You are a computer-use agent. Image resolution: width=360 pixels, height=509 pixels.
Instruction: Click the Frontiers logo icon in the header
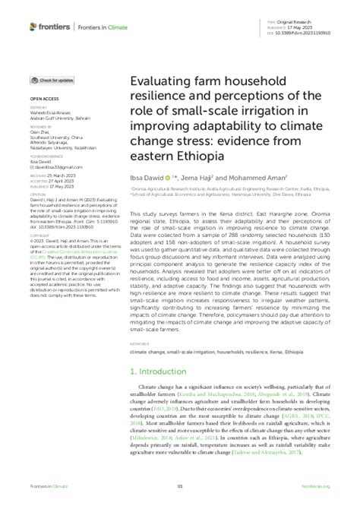point(34,27)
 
